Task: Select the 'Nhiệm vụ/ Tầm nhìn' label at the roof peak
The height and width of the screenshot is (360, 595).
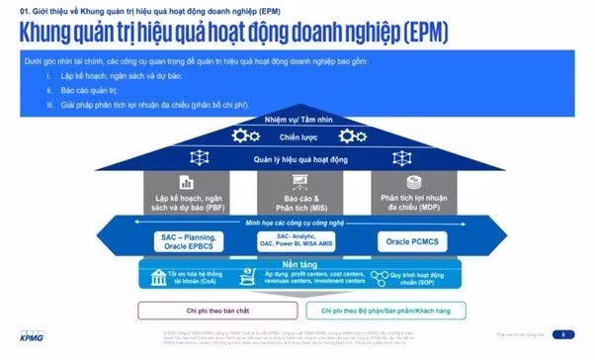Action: click(296, 119)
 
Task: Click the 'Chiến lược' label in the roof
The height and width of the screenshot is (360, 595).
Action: click(296, 135)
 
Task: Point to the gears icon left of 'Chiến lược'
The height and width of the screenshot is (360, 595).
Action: click(242, 135)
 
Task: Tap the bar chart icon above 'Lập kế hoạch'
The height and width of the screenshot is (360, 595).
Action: click(185, 183)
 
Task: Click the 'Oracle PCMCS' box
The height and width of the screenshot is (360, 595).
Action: click(409, 241)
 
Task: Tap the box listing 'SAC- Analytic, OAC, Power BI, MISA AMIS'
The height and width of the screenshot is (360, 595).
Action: click(297, 241)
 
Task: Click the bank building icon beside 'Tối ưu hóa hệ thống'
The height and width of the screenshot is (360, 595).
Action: click(158, 280)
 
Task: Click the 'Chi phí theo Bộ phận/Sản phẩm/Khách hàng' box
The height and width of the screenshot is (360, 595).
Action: click(382, 310)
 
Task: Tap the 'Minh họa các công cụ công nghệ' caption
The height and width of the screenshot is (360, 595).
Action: click(296, 225)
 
